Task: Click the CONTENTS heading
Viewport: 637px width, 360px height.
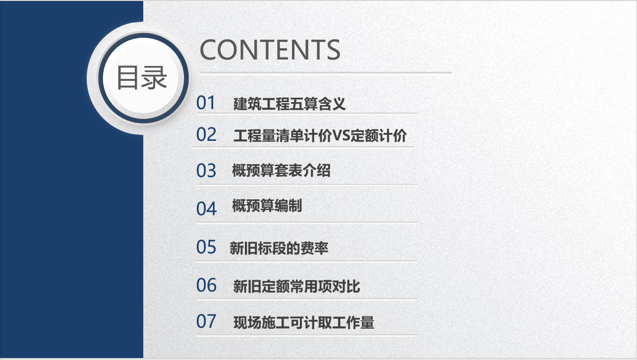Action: coord(270,50)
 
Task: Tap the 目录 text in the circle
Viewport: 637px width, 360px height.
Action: coord(142,78)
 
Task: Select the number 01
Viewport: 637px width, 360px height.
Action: coord(206,103)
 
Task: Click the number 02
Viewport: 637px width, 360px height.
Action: coord(206,134)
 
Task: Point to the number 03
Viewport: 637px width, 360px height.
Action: coord(206,171)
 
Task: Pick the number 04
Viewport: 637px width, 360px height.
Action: coord(206,209)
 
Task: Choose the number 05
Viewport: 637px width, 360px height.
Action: coord(206,247)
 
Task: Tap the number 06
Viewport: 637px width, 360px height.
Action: coord(206,285)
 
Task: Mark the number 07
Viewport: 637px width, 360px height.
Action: coord(206,322)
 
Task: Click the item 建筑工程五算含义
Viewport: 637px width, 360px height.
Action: coord(289,104)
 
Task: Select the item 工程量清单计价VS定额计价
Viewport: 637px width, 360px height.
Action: coord(320,136)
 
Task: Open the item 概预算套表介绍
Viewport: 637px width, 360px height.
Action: coord(281,171)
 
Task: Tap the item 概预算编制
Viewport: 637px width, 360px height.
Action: coord(267,206)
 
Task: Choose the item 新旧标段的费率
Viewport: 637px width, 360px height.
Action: coord(279,248)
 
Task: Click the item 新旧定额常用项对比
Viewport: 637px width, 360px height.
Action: coord(296,287)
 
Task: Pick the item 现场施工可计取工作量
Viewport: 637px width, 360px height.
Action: coord(303,323)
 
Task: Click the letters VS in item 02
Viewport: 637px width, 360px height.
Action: coord(341,136)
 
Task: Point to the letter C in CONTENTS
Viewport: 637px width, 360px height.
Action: coord(209,50)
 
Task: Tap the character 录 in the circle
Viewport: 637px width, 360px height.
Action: coord(154,78)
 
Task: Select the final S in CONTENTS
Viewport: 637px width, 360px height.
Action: coord(331,50)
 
